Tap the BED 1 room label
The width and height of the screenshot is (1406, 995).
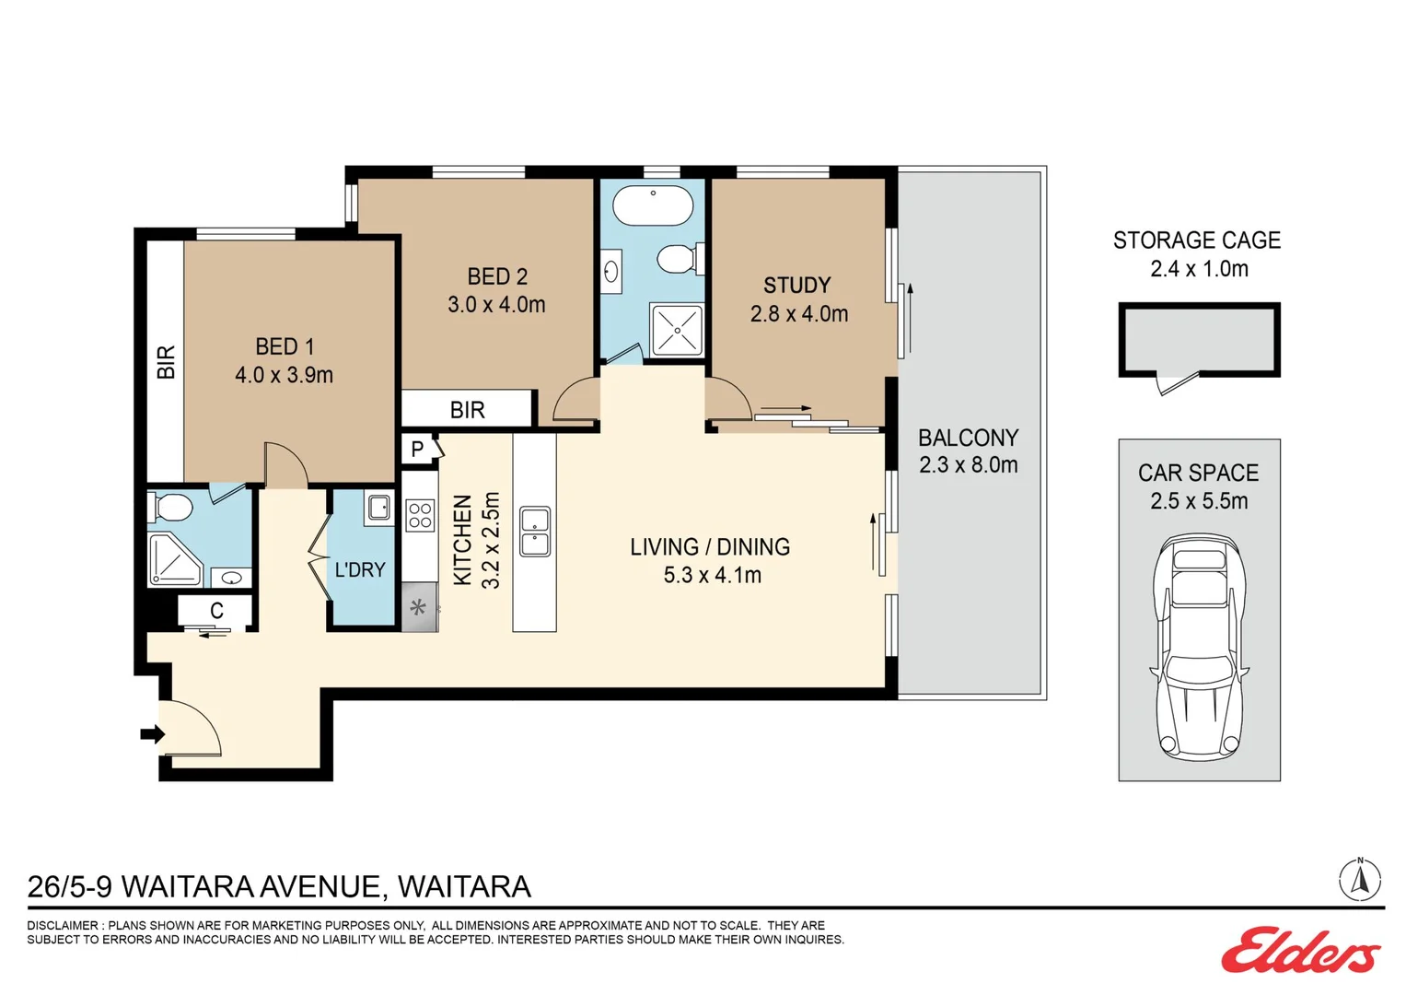pyautogui.click(x=285, y=346)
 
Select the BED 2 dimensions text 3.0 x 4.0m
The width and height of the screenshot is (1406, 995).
pyautogui.click(x=496, y=305)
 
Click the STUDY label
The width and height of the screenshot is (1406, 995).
pyautogui.click(x=797, y=286)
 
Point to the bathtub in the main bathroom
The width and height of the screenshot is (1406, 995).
pyautogui.click(x=653, y=205)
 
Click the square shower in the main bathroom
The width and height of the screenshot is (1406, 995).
pyautogui.click(x=677, y=330)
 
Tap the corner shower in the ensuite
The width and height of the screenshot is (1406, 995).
pyautogui.click(x=175, y=560)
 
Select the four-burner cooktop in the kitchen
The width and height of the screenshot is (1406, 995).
pyautogui.click(x=420, y=515)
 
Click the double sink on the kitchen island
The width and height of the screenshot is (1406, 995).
pyautogui.click(x=535, y=532)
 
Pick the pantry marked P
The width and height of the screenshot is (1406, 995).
pyautogui.click(x=419, y=450)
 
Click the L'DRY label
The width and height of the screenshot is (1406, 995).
pyautogui.click(x=360, y=569)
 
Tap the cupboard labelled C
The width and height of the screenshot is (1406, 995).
pyautogui.click(x=215, y=610)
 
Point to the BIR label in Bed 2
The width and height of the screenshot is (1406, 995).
pyautogui.click(x=467, y=410)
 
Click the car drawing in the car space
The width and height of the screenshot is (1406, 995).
pyautogui.click(x=1200, y=648)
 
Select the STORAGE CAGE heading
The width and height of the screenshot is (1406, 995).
pyautogui.click(x=1197, y=240)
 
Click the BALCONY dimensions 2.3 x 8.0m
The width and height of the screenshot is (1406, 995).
pyautogui.click(x=969, y=465)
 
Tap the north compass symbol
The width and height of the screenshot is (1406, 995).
pyautogui.click(x=1360, y=880)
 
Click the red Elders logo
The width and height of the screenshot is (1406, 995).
pyautogui.click(x=1300, y=952)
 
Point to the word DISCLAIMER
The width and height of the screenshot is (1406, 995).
pyautogui.click(x=63, y=925)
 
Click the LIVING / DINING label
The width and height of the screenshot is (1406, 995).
pyautogui.click(x=710, y=547)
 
